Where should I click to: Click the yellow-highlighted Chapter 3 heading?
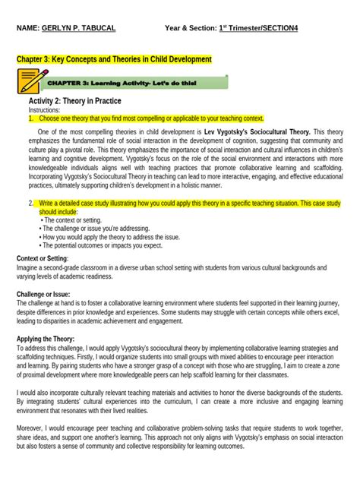[114, 58]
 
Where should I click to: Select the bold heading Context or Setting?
[46, 258]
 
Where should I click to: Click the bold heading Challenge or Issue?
[46, 292]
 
